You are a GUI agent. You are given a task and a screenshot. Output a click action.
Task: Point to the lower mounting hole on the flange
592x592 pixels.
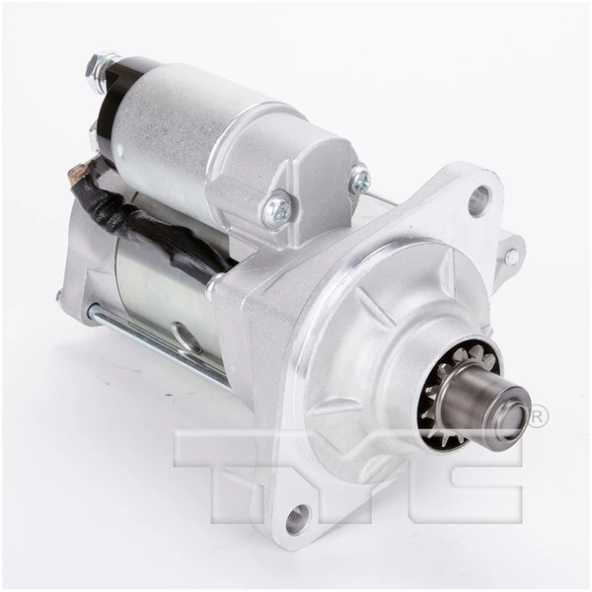click(x=296, y=515)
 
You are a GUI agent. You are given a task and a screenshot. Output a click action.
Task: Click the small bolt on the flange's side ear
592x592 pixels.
click(x=511, y=257)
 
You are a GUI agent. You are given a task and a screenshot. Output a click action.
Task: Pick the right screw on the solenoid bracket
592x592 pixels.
click(x=361, y=180)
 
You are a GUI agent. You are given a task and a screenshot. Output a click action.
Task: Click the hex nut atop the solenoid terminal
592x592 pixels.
click(x=96, y=70)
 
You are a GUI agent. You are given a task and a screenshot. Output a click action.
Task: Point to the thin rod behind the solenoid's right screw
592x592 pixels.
click(x=385, y=200)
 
